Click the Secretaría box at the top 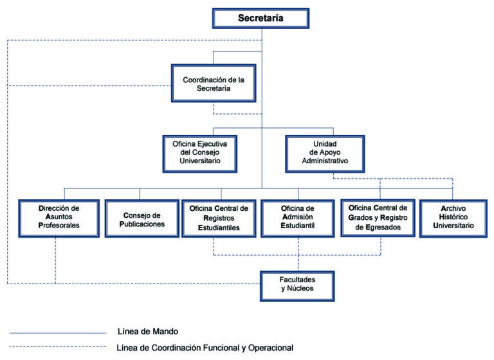(x=261, y=18)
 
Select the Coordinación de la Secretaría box (x=214, y=83)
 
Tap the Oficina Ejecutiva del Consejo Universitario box (x=200, y=154)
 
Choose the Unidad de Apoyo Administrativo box (x=325, y=154)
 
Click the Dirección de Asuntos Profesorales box (x=59, y=219)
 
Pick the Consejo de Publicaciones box (x=142, y=219)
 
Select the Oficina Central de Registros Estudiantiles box (x=219, y=219)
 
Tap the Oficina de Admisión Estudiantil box (x=298, y=219)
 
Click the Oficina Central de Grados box (x=378, y=218)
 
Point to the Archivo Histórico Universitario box (x=453, y=219)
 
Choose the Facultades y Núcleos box (x=297, y=286)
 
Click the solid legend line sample (x=58, y=333)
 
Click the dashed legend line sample (x=58, y=346)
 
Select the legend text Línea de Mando (x=148, y=331)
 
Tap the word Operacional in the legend (x=271, y=348)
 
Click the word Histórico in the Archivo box (x=453, y=217)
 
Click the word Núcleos (x=300, y=288)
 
